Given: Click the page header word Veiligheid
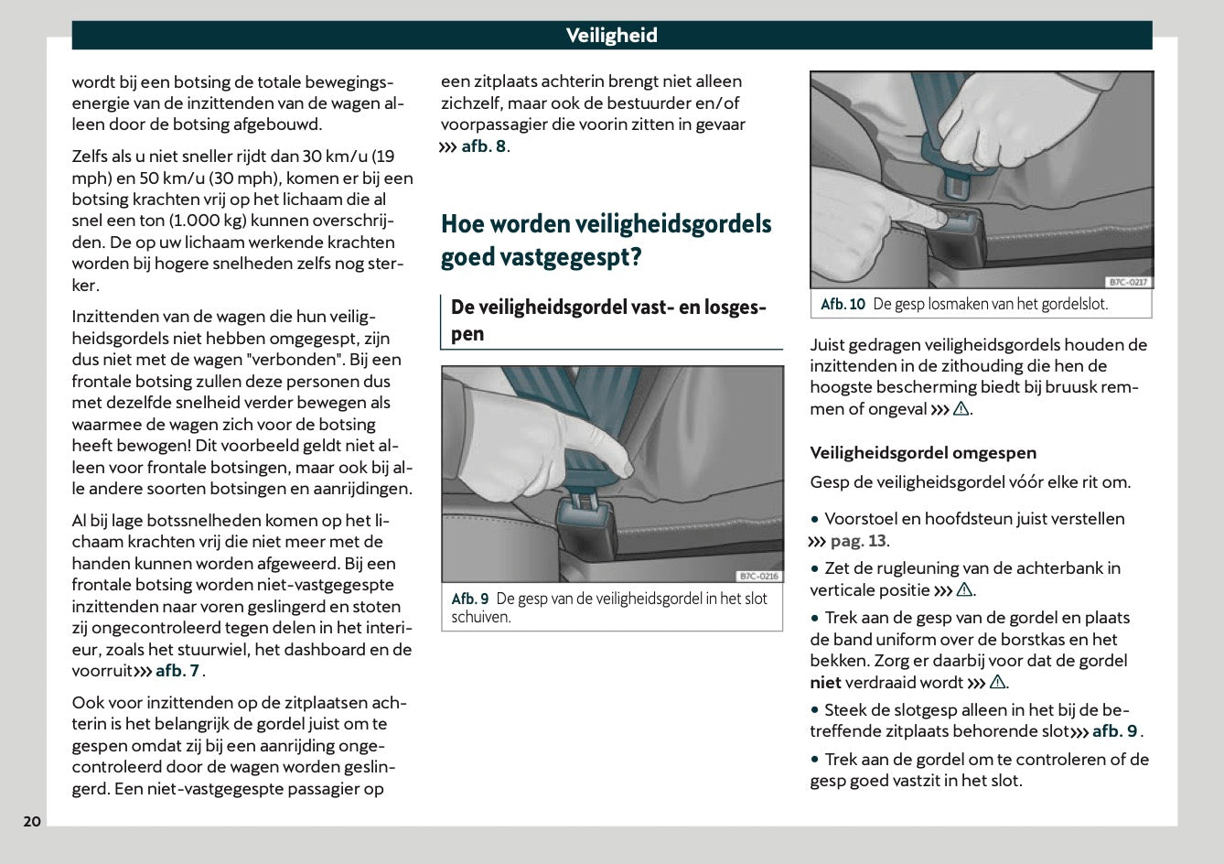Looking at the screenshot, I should [611, 36].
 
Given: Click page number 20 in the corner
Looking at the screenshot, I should [32, 821].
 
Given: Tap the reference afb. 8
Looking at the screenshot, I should [483, 146].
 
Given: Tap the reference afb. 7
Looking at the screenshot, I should [177, 671].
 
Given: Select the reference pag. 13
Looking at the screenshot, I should [857, 541].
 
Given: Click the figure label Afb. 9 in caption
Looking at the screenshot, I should [470, 599].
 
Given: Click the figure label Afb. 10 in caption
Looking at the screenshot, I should [843, 305].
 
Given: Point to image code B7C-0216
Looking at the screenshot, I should [757, 576].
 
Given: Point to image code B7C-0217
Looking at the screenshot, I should [1127, 282].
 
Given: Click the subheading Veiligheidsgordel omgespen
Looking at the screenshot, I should [923, 452].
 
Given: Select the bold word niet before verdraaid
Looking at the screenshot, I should [825, 683].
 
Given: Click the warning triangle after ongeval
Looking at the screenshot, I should [961, 410].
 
